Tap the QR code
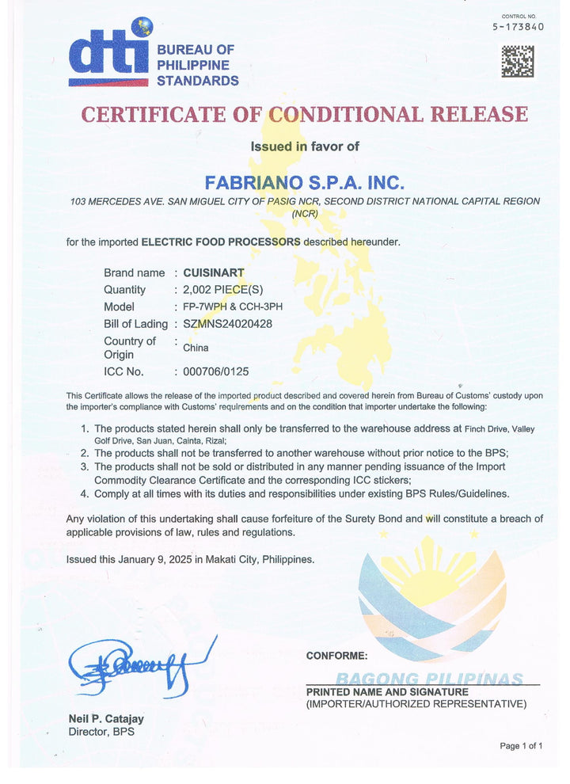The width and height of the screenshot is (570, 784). (x=517, y=62)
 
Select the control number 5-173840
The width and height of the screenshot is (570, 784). (x=518, y=26)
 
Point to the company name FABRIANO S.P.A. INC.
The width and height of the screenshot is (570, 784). (x=305, y=181)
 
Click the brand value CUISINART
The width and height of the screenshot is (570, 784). (x=213, y=272)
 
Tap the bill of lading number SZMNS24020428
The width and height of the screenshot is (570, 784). (x=227, y=323)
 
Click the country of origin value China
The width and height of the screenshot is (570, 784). (x=196, y=348)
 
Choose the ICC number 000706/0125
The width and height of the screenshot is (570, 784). (x=215, y=371)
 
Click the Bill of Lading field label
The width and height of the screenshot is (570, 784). (x=135, y=323)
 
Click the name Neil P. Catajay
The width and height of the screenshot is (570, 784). (x=106, y=719)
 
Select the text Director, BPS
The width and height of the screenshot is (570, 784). (x=101, y=732)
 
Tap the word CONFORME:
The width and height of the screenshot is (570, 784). (x=336, y=656)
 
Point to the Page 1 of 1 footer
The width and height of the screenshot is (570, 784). (x=521, y=746)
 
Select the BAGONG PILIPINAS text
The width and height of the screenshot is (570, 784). (x=429, y=679)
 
